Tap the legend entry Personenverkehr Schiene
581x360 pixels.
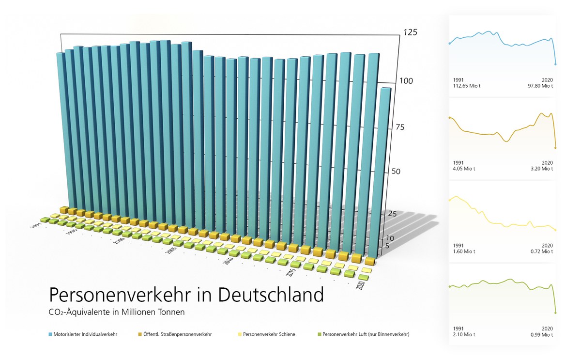point(269,334)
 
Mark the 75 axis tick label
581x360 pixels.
point(399,127)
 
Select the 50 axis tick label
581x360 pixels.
point(397,172)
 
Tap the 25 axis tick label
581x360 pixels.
point(393,214)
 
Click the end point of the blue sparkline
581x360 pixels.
point(555,64)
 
